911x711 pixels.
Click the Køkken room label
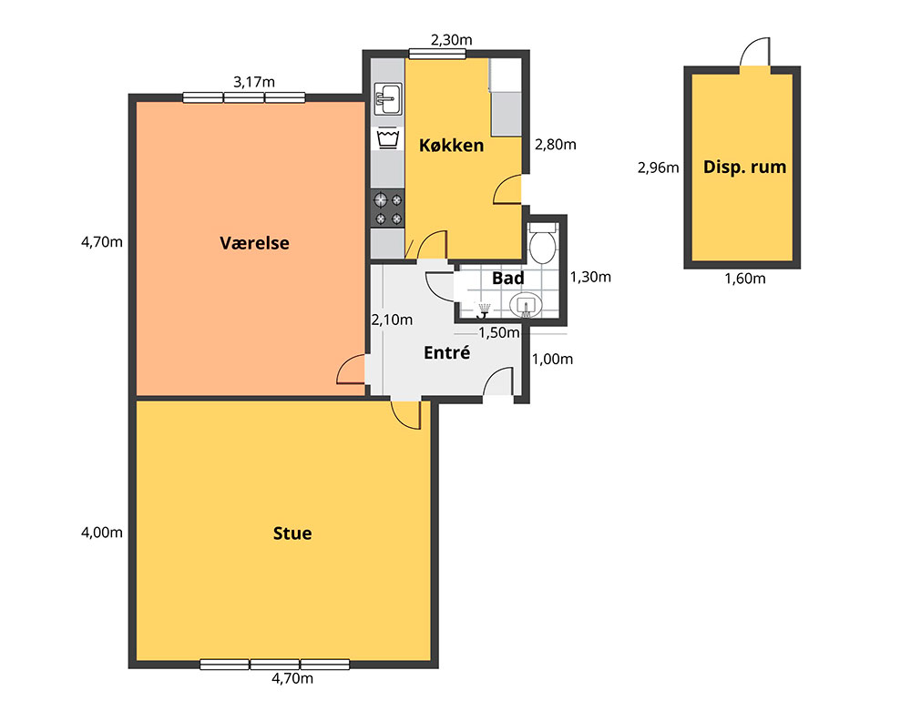tap(452, 145)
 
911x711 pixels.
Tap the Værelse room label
tap(254, 242)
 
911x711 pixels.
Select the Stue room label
tap(292, 533)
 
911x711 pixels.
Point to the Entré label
tap(446, 352)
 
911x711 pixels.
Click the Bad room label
tap(507, 279)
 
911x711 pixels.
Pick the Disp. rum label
tap(744, 168)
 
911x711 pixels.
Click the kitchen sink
tap(387, 99)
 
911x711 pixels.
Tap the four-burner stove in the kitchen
tap(387, 209)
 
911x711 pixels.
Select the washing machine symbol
tap(387, 138)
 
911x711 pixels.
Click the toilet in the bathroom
tap(543, 242)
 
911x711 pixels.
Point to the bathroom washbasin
tap(526, 304)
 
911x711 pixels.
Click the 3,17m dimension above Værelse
tap(254, 83)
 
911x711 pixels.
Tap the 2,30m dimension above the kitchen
tap(452, 40)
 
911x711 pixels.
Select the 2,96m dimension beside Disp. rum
tap(659, 168)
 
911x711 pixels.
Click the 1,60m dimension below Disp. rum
tap(745, 279)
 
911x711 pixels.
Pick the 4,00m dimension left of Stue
tap(102, 533)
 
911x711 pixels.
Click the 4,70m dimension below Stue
tap(292, 678)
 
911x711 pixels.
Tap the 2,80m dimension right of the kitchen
tap(556, 145)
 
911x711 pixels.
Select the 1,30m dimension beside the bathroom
tap(590, 277)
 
